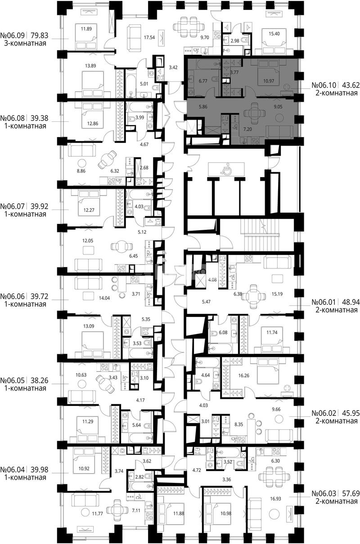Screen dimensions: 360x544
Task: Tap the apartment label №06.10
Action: [x=324, y=85]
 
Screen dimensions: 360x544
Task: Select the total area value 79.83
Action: [x=40, y=36]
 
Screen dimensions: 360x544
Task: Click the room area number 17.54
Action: [x=149, y=37]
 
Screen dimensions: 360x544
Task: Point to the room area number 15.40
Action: [x=274, y=34]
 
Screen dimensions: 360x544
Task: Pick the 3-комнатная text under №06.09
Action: [x=25, y=44]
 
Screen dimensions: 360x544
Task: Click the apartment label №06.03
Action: [x=324, y=494]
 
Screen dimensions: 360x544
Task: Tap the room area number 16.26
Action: [x=243, y=375]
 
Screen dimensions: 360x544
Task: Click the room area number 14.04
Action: [x=104, y=298]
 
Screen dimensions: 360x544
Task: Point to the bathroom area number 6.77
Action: [x=203, y=81]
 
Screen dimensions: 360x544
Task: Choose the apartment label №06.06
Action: [x=13, y=296]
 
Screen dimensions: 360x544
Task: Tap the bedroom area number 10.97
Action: [x=269, y=81]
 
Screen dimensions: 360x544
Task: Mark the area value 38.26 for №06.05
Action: [x=40, y=380]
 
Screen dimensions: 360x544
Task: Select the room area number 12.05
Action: [x=87, y=241]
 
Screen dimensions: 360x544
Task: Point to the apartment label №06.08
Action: [x=13, y=118]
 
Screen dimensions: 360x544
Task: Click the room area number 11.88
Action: [x=178, y=513]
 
